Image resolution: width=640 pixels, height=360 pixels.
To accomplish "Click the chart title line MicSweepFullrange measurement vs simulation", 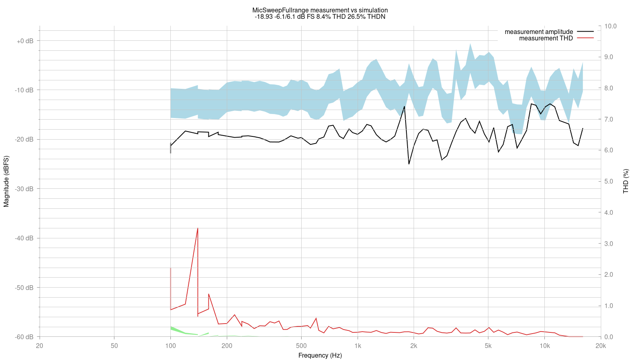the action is click(320, 10).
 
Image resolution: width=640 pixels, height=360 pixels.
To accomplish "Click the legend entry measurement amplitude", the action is click(538, 32).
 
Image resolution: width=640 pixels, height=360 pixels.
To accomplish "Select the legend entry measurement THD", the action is click(546, 38).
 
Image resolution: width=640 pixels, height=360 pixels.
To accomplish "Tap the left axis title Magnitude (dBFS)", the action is click(6, 181).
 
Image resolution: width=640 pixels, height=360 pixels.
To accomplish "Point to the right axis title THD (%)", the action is click(626, 181).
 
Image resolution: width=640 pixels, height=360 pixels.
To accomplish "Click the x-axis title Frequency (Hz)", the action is click(320, 356).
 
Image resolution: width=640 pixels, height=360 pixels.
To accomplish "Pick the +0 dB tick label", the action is click(25, 41).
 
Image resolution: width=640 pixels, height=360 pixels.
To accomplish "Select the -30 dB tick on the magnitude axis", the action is click(24, 189).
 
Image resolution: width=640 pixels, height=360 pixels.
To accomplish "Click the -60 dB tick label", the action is click(24, 337).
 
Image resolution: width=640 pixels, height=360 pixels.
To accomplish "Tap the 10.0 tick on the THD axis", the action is click(611, 26).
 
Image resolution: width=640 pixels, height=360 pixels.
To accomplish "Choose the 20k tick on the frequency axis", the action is click(600, 346).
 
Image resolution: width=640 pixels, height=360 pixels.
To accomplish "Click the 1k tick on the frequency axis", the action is click(358, 346).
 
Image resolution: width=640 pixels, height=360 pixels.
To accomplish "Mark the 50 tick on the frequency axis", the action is click(114, 346).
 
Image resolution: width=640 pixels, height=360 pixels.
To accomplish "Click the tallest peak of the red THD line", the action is click(198, 228).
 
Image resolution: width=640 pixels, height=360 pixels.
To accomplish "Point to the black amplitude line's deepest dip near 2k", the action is click(409, 164).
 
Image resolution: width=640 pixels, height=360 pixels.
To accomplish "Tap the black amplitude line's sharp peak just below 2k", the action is click(404, 106).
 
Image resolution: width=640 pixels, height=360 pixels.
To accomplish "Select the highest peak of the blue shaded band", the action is click(470, 44).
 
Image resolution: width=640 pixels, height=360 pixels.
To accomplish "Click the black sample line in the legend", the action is click(585, 32).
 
